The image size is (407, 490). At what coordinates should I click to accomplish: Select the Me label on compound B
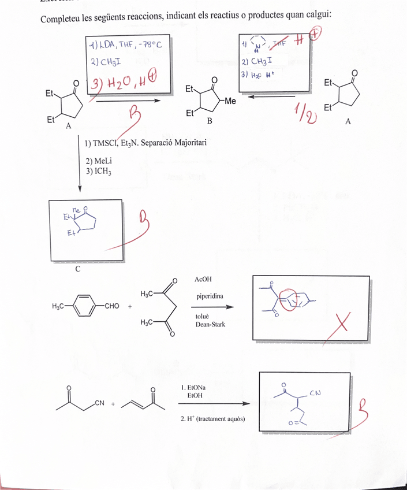click(230, 101)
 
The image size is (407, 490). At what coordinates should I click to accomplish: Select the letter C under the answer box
click(77, 268)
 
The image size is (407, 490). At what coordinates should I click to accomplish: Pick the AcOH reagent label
click(204, 279)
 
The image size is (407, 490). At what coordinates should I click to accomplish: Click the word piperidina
click(210, 296)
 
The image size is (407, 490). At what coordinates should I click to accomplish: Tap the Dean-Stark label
click(210, 325)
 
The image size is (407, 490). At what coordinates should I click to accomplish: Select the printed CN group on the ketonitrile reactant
click(100, 403)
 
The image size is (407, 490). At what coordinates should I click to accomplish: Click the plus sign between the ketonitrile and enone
click(113, 404)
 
